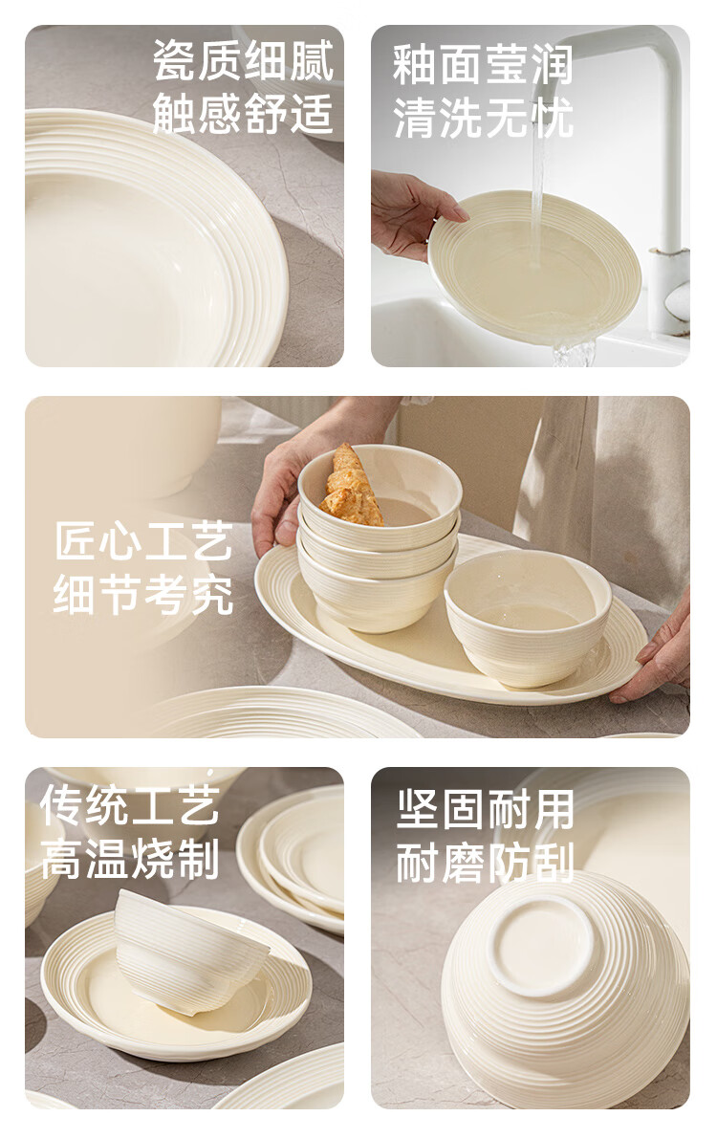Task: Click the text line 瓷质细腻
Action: (x=243, y=60)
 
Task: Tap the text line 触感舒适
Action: (x=243, y=114)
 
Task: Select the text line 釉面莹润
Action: (x=483, y=65)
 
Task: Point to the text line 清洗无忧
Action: (x=483, y=119)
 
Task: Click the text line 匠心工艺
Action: (x=143, y=541)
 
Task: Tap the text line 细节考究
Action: (x=143, y=594)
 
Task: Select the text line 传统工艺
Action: (x=129, y=805)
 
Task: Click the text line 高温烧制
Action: (x=129, y=859)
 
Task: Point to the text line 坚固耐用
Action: (x=486, y=809)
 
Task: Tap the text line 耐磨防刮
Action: (x=486, y=863)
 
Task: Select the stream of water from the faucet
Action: (x=537, y=188)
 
